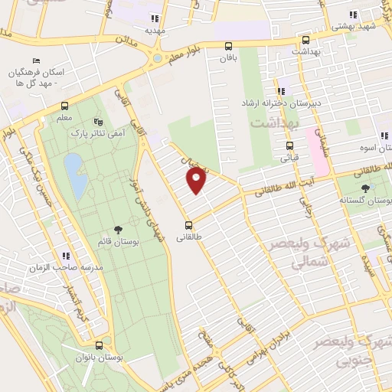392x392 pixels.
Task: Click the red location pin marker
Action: coord(197,180)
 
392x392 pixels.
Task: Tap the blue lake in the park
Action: coord(74,175)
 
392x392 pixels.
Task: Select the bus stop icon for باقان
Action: coord(229,45)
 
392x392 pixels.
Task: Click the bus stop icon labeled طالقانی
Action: coord(189,225)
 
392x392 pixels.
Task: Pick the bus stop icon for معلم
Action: coord(64,106)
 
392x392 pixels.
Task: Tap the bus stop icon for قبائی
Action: coord(289,145)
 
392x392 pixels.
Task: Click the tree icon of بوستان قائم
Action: coord(117,229)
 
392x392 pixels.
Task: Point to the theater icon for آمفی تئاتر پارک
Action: coord(97,121)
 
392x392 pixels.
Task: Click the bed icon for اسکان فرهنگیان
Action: coord(36,61)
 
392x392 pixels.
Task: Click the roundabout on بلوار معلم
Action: coord(158,57)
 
